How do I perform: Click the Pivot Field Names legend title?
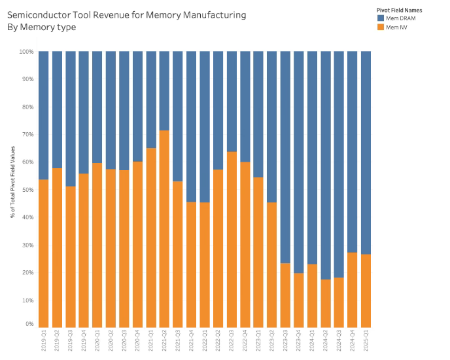[x=399, y=10]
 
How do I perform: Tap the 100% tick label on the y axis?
[x=26, y=52]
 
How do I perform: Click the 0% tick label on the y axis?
[x=29, y=325]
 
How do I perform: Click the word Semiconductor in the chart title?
[x=41, y=14]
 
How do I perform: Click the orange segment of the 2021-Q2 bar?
[x=164, y=229]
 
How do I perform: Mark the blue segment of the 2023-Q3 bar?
[x=285, y=157]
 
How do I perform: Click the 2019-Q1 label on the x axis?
[x=44, y=340]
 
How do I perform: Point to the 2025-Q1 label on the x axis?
[x=366, y=340]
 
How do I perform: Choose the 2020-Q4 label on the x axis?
[x=137, y=340]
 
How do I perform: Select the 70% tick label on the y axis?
[x=27, y=135]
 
